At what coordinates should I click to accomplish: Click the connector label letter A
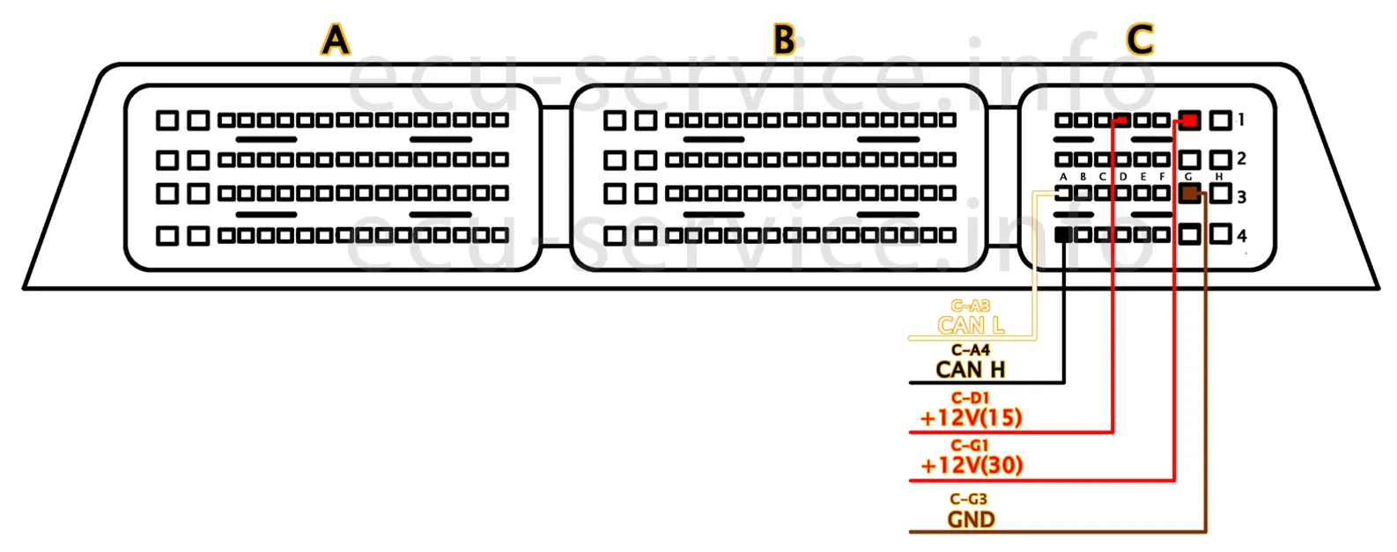pos(336,40)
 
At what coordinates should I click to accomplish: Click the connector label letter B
pos(784,40)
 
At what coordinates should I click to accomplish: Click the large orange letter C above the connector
pos(1139,40)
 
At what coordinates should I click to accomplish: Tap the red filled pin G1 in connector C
pos(1189,120)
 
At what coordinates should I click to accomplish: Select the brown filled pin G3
pos(1189,194)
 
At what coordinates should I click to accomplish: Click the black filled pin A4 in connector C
pos(1063,234)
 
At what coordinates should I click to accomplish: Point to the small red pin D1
pos(1121,121)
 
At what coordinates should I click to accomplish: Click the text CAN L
pos(971,326)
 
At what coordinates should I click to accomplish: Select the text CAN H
pos(971,370)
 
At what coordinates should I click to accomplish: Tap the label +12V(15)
pos(971,417)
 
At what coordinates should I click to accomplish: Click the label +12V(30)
pos(971,465)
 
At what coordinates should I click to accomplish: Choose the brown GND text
pos(971,519)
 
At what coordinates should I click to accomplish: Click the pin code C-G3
pos(969,499)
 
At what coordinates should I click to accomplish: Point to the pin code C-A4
pos(971,350)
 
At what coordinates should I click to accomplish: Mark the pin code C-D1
pos(970,398)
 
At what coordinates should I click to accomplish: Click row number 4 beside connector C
pos(1242,236)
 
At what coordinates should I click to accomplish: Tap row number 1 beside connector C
pos(1241,120)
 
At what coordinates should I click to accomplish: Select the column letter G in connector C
pos(1188,177)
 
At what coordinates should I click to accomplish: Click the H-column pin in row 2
pos(1220,159)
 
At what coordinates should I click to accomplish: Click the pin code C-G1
pos(970,445)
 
